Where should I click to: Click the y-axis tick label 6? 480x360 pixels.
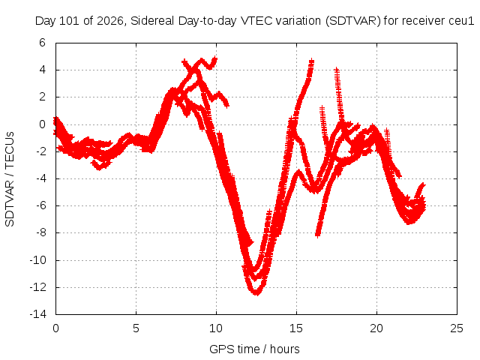(42, 43)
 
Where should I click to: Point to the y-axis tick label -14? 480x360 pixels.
(38, 314)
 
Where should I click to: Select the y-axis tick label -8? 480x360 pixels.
(40, 232)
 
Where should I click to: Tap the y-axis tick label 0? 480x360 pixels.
(42, 124)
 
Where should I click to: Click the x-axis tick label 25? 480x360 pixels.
(457, 328)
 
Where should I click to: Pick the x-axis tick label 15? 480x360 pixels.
(296, 328)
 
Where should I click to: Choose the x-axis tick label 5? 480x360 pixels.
(136, 328)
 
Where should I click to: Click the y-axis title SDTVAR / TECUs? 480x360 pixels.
(10, 179)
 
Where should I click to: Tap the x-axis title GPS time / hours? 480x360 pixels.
(254, 349)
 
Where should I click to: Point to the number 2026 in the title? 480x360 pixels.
(110, 21)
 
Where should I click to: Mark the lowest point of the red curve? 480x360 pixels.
(256, 294)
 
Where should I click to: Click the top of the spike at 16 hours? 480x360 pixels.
(311, 60)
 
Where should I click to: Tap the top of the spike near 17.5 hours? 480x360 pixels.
(337, 69)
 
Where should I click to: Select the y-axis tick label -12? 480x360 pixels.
(38, 287)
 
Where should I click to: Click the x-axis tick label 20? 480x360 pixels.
(376, 328)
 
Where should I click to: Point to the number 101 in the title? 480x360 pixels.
(69, 21)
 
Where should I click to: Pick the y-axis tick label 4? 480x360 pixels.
(42, 70)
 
